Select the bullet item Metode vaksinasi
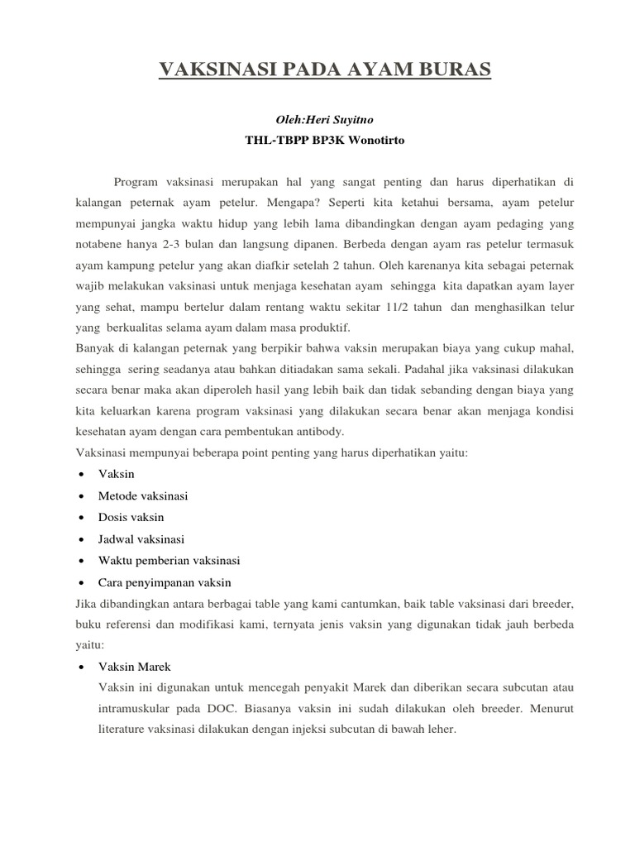(143, 495)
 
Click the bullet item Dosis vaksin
(131, 517)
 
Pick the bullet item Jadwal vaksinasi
(141, 538)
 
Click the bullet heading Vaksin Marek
(134, 667)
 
